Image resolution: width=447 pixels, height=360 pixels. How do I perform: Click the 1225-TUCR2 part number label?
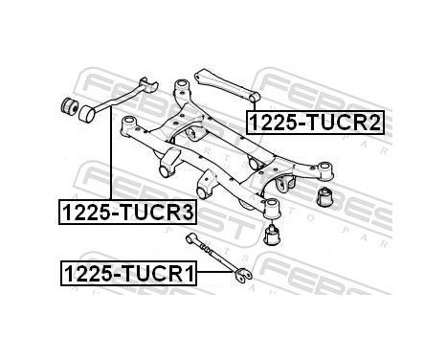(x=315, y=124)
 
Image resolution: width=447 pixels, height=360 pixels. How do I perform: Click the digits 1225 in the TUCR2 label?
(x=273, y=124)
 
